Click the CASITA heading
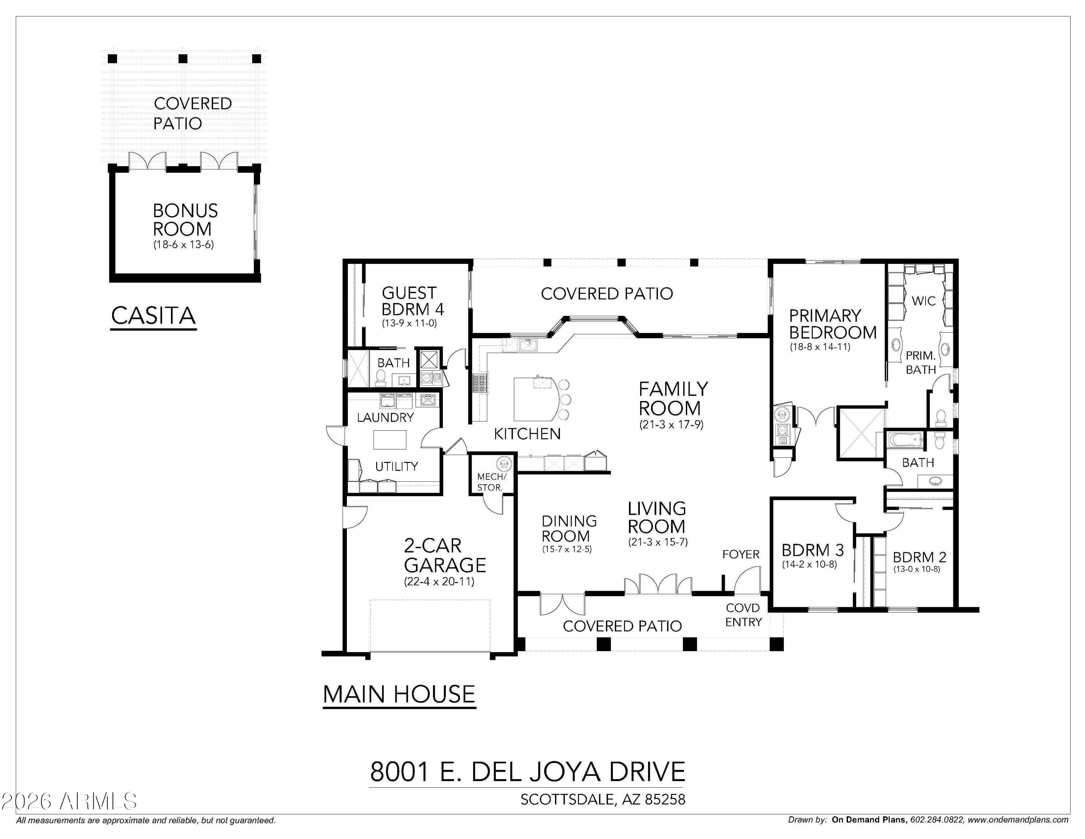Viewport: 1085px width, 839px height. [153, 315]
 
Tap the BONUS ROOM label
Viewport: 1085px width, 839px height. [185, 220]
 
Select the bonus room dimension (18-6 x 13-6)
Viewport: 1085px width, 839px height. [183, 245]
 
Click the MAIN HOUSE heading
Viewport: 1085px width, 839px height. [399, 694]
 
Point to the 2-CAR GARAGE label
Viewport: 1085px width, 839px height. [444, 555]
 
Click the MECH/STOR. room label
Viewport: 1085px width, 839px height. [491, 482]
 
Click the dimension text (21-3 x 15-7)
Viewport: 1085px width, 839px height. [658, 542]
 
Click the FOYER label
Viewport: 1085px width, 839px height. [741, 554]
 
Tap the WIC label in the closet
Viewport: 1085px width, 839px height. [923, 301]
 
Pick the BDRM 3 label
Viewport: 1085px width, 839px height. [812, 550]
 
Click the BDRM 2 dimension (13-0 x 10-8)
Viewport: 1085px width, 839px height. [916, 569]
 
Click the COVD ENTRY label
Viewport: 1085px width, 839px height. [743, 615]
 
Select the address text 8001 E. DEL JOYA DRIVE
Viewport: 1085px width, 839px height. [527, 771]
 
